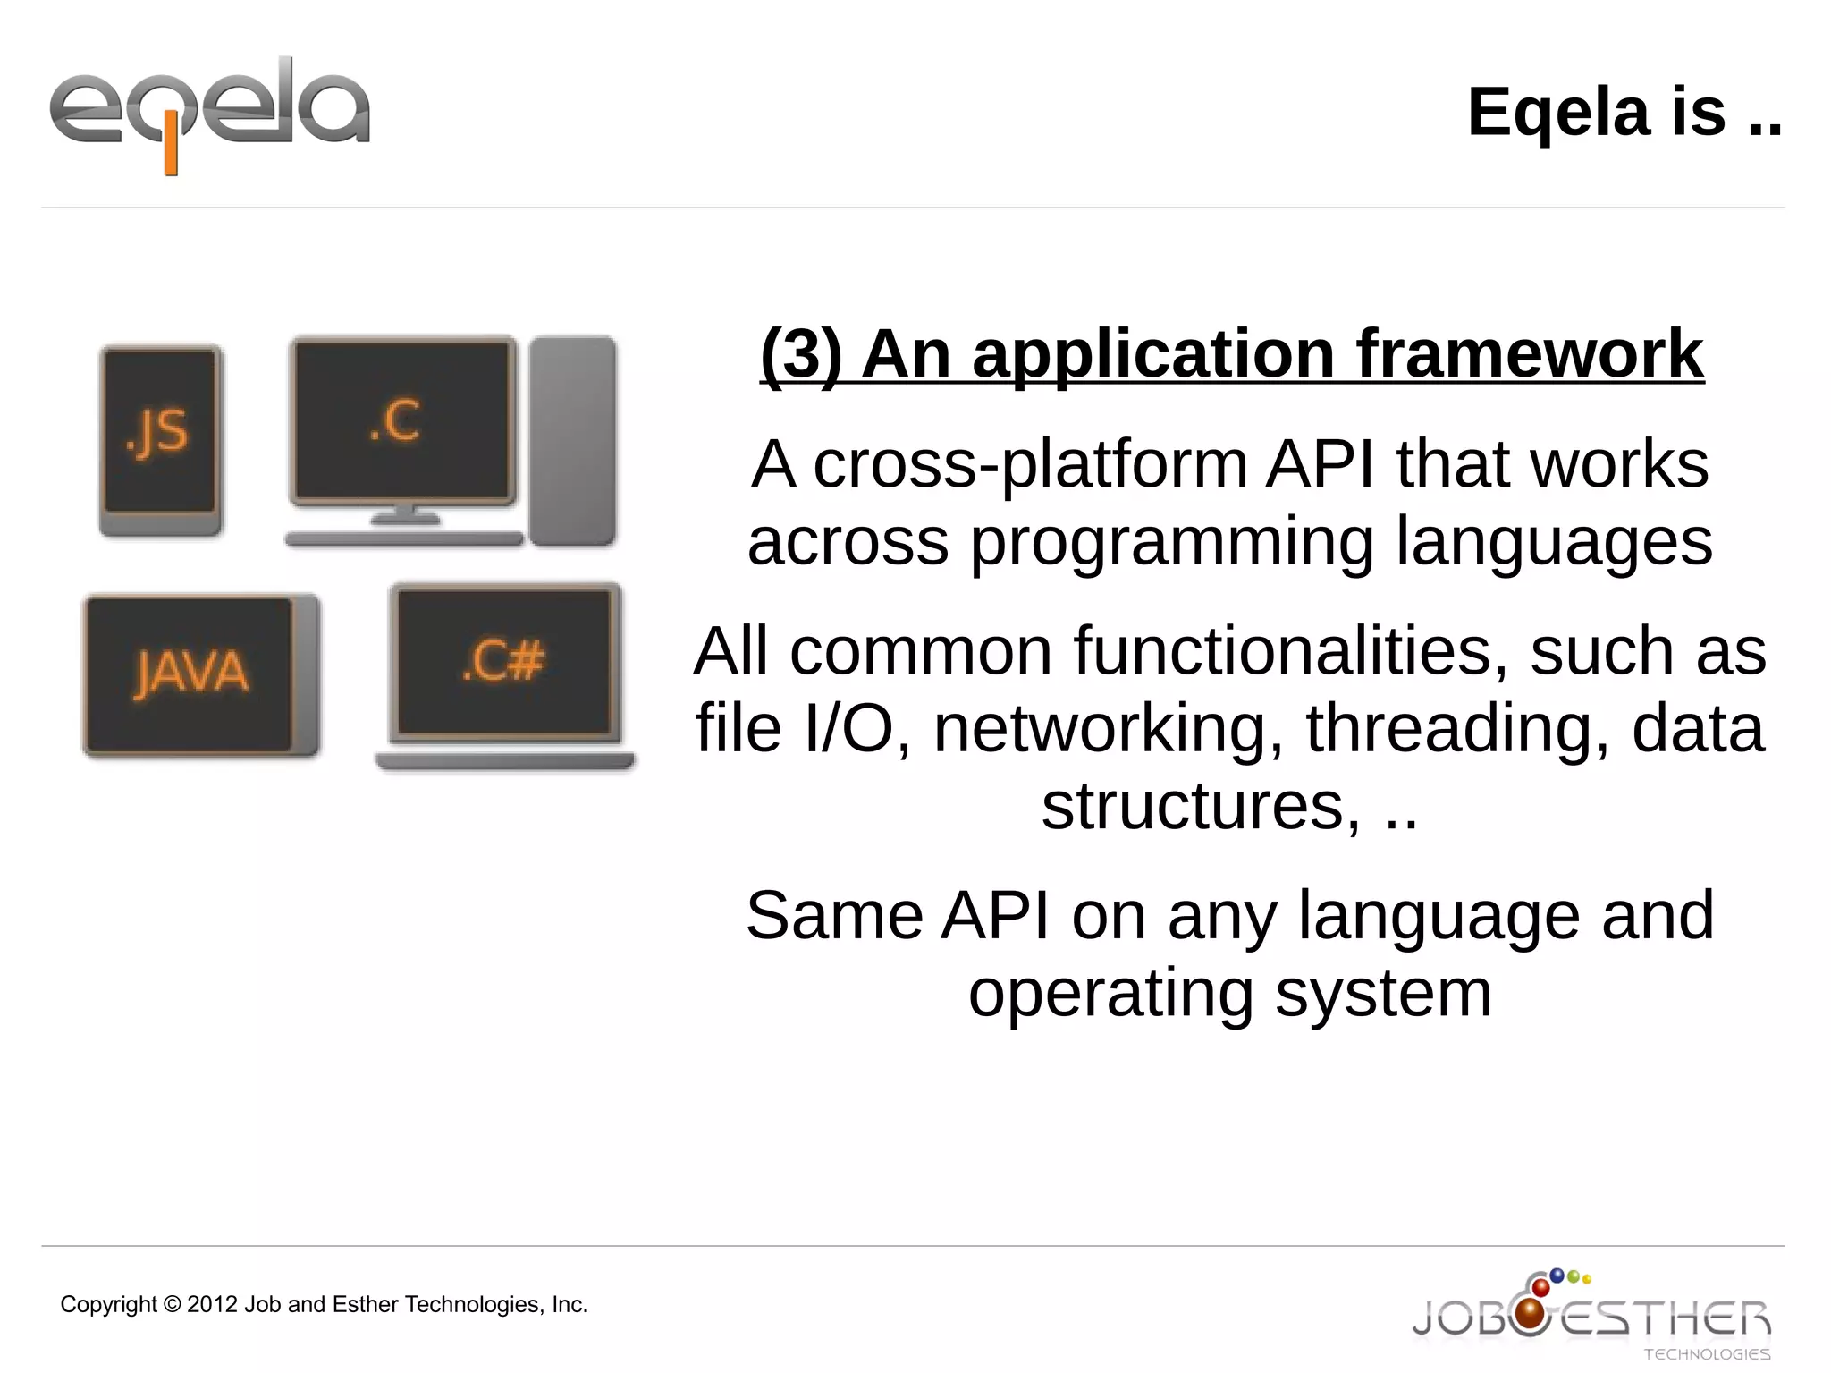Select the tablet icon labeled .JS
point(160,439)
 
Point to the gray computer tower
point(572,439)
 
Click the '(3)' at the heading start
point(800,354)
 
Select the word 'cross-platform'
point(1029,465)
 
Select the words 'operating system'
point(1229,993)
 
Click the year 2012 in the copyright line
point(212,1304)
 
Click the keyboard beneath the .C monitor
point(403,538)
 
